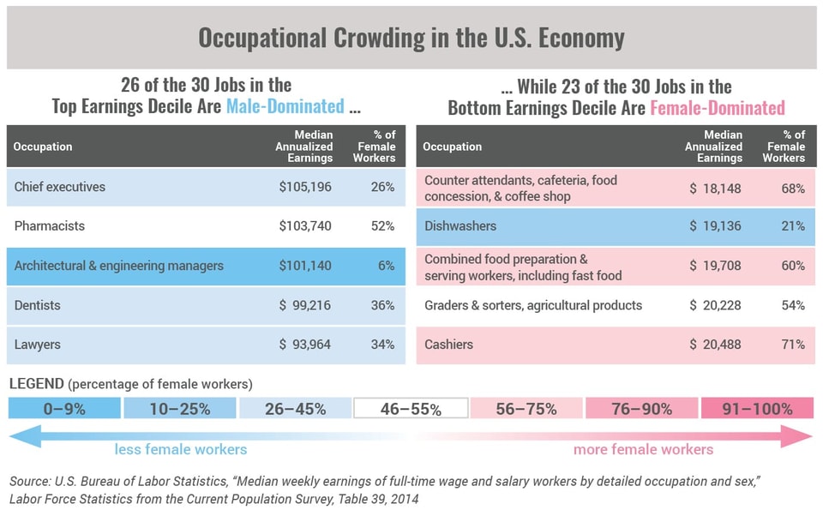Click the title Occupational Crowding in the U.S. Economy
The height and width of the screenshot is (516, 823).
click(x=411, y=39)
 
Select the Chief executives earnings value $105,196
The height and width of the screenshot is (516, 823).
click(x=305, y=187)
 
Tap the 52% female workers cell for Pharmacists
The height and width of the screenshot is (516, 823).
click(x=382, y=226)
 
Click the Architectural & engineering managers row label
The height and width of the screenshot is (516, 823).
click(x=118, y=266)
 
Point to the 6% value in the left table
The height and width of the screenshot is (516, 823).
click(x=387, y=266)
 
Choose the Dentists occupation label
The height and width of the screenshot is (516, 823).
click(x=37, y=305)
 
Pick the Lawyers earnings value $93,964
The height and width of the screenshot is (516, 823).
click(x=305, y=345)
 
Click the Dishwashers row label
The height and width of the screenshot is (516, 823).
click(x=460, y=226)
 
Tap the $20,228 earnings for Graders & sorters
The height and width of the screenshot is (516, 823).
click(x=715, y=305)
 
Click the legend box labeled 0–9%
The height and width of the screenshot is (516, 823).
click(x=64, y=409)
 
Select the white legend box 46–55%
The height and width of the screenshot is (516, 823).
click(x=411, y=409)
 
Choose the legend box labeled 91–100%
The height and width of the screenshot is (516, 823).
click(x=757, y=409)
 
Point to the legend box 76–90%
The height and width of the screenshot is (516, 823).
click(x=642, y=409)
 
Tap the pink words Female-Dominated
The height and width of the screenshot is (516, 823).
click(x=717, y=107)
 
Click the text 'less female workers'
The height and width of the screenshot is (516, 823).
click(x=180, y=449)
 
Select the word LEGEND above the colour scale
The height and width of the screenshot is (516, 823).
click(x=35, y=384)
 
